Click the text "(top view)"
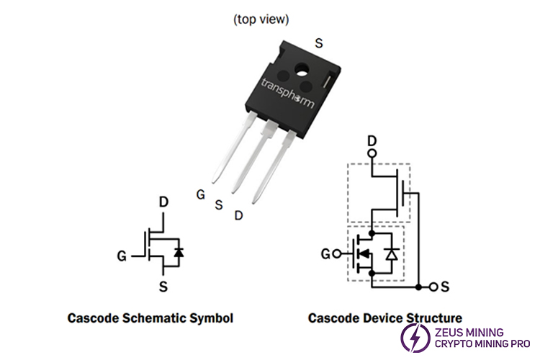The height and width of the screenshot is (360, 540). pyautogui.click(x=261, y=19)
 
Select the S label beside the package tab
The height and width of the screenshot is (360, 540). pyautogui.click(x=318, y=42)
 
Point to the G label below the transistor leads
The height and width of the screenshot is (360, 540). pyautogui.click(x=201, y=194)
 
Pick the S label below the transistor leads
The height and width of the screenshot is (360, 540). pyautogui.click(x=219, y=204)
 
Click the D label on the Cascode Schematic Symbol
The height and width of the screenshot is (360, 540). pyautogui.click(x=163, y=202)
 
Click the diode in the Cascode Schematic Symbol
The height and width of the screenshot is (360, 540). pyautogui.click(x=179, y=252)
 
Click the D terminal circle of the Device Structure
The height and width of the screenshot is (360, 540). pyautogui.click(x=372, y=153)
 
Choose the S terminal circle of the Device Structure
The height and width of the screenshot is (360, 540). pyautogui.click(x=432, y=287)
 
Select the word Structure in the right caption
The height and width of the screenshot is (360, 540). pyautogui.click(x=431, y=318)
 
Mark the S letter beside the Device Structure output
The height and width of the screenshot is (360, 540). pyautogui.click(x=445, y=287)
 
